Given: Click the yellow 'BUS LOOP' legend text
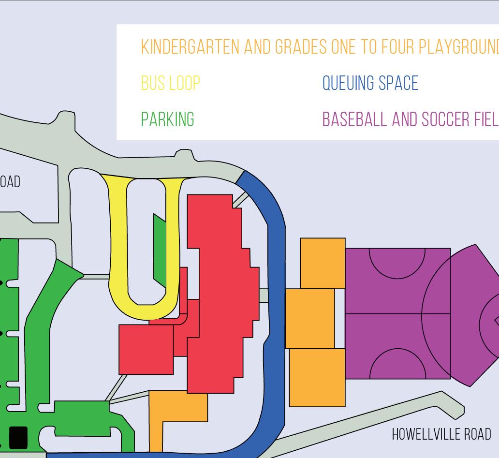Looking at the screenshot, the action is (170, 84).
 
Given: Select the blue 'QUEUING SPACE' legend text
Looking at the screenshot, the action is (370, 84).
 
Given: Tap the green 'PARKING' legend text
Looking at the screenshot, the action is (167, 119).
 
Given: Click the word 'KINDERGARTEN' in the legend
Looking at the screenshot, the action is (190, 47).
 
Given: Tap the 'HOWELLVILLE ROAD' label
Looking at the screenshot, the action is (441, 434).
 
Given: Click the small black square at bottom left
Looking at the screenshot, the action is (18, 438).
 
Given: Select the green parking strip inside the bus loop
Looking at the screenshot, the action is (160, 251).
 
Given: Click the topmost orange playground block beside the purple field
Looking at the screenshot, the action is (323, 263).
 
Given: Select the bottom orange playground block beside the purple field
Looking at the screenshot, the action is (317, 377).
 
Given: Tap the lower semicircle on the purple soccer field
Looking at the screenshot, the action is (397, 365).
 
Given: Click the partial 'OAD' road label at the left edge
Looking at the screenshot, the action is (10, 182).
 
